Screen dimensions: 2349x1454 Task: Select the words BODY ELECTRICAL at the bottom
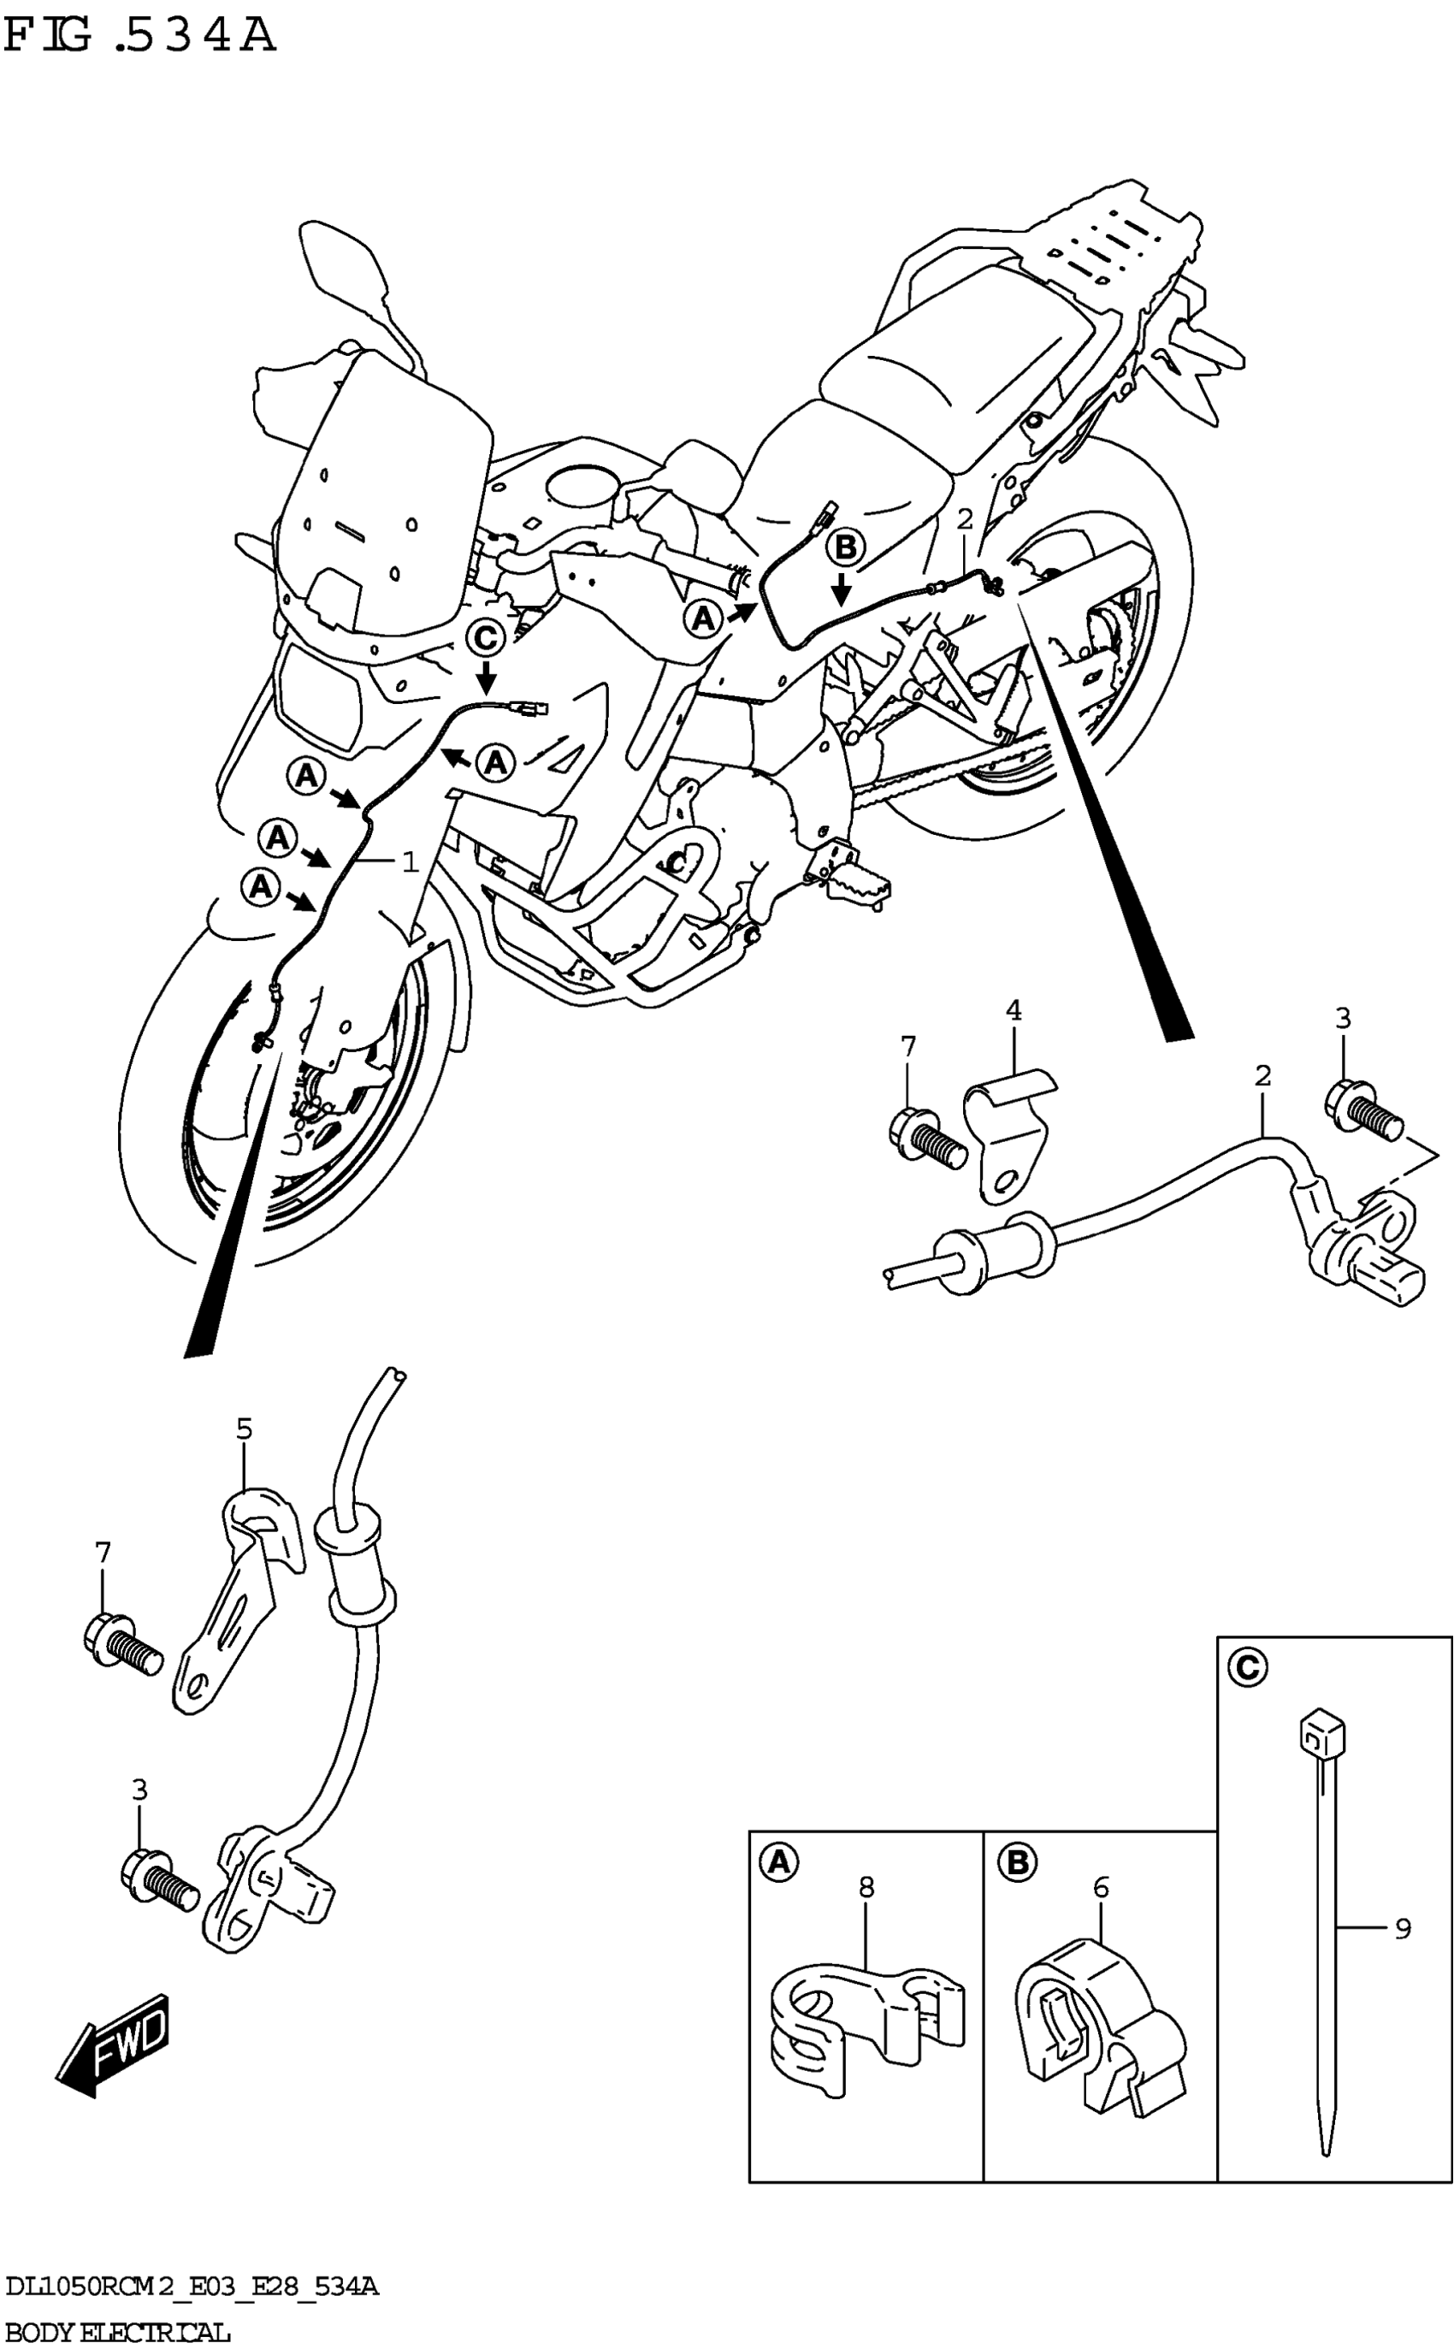117,2331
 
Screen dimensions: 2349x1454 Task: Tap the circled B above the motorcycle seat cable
845,549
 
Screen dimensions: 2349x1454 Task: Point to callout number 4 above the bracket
1013,1010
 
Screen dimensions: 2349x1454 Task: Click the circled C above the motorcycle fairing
486,637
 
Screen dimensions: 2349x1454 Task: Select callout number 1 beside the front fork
411,861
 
